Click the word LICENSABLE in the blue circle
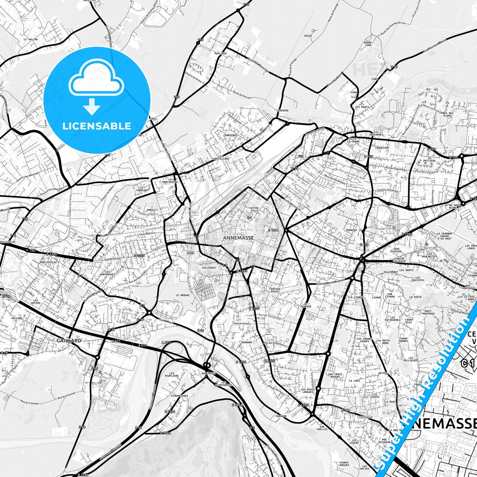[x=97, y=126]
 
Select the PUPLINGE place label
[x=221, y=53]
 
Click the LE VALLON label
[x=31, y=39]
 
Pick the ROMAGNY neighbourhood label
[x=352, y=230]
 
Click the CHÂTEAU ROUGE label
[x=274, y=290]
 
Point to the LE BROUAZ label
[x=183, y=295]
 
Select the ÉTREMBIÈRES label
[x=180, y=396]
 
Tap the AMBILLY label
[x=152, y=210]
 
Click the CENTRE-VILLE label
[x=254, y=209]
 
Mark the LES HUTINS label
[x=36, y=301]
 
